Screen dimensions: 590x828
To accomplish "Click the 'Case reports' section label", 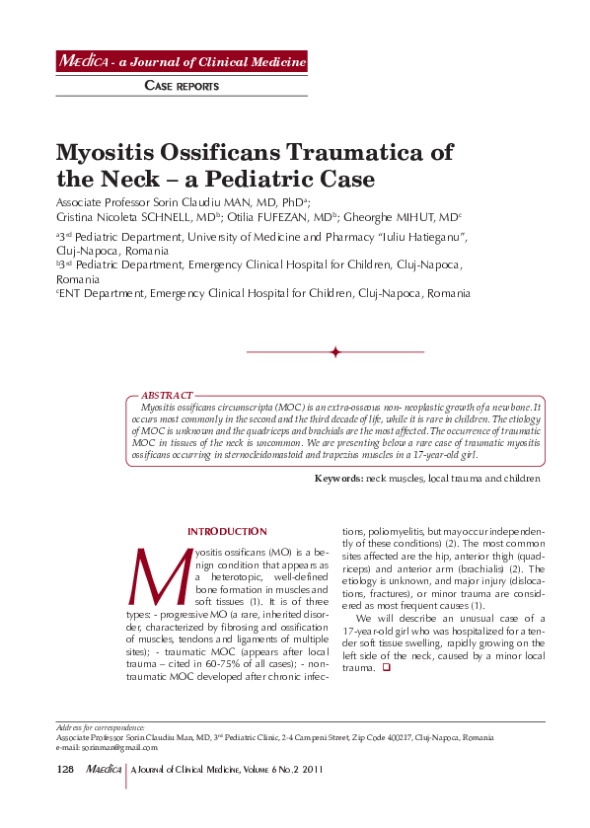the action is [182, 86].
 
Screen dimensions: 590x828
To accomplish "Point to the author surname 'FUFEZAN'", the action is [292, 217].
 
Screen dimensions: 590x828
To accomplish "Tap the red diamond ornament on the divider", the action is [335, 352].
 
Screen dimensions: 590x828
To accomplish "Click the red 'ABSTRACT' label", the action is [167, 395].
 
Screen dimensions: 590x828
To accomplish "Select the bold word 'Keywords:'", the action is [338, 478].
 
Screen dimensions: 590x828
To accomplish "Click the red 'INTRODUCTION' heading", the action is [227, 532].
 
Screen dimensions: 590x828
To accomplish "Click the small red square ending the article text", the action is [386, 668].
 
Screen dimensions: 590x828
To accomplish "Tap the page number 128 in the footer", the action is [64, 769].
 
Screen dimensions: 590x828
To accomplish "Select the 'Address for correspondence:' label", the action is [101, 727].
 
